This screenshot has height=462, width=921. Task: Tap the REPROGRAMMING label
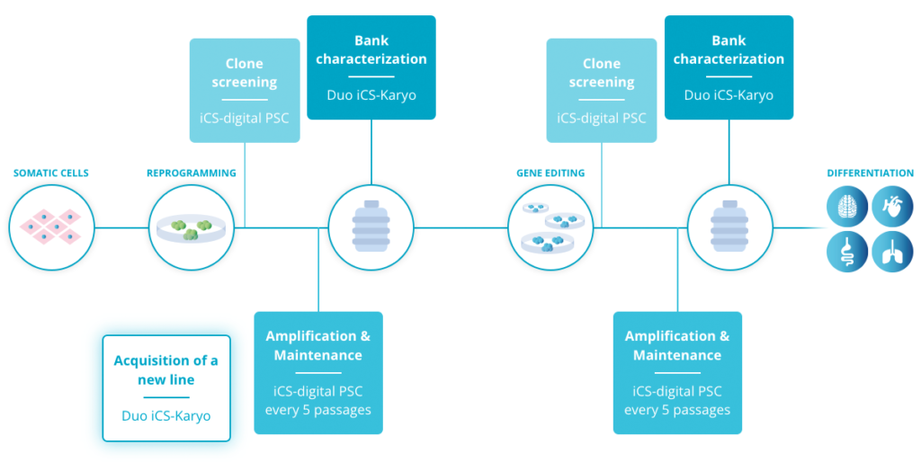tap(192, 173)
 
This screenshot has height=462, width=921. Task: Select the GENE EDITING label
tap(550, 173)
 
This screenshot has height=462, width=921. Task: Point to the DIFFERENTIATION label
tap(871, 173)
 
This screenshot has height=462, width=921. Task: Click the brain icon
tap(847, 206)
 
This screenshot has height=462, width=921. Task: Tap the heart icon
tap(892, 206)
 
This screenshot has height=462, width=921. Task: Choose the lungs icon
tap(892, 251)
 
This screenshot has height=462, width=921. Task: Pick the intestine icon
tap(847, 251)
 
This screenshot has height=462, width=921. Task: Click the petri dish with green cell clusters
tap(192, 227)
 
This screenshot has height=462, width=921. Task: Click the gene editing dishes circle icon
tap(550, 227)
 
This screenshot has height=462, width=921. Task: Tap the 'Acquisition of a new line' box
tap(166, 388)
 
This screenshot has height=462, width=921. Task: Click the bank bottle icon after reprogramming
tap(371, 227)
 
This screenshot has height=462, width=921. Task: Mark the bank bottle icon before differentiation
tap(730, 227)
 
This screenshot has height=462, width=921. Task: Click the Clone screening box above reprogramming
tap(245, 90)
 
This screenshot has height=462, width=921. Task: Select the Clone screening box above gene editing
tap(602, 90)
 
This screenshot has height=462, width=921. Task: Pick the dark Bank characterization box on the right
tap(729, 67)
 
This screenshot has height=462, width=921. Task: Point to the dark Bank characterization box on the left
tap(371, 67)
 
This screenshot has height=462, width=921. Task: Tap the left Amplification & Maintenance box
tap(318, 372)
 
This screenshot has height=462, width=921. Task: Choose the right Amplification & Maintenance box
tap(677, 372)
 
